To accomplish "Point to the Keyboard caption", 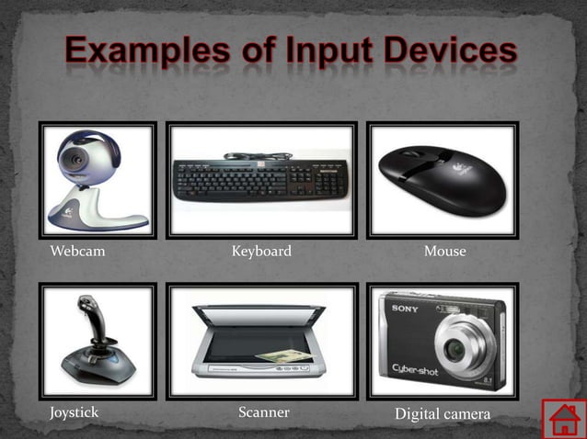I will [261, 251].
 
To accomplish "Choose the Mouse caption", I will [445, 251].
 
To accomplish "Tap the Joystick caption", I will [75, 412].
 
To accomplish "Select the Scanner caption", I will [264, 412].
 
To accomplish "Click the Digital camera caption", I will [443, 415].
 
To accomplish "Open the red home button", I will [563, 419].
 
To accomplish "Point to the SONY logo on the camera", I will [406, 308].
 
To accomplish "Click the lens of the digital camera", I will [457, 350].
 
